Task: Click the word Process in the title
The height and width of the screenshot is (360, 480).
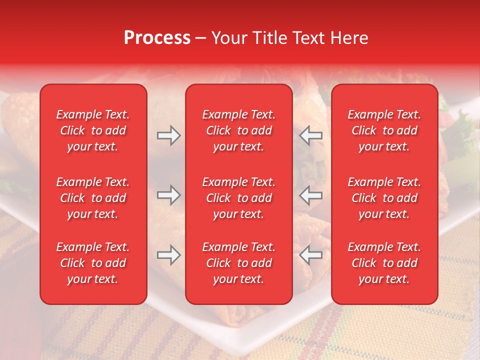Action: (157, 38)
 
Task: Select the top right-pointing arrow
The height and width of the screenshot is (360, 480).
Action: (168, 135)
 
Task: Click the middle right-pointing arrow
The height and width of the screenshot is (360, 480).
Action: (168, 195)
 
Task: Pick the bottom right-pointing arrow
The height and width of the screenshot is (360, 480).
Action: (168, 255)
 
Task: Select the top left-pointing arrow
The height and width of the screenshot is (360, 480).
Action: (310, 135)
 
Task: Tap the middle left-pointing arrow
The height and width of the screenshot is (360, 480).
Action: (310, 195)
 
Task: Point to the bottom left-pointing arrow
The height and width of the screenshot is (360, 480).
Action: (310, 255)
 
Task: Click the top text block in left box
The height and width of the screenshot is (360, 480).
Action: (93, 130)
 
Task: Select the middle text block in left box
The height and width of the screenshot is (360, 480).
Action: (93, 198)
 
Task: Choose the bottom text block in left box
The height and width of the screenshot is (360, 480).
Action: (93, 263)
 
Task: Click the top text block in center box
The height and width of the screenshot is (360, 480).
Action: (238, 130)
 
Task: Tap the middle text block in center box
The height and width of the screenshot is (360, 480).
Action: (238, 198)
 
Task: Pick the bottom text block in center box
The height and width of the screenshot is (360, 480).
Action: (238, 263)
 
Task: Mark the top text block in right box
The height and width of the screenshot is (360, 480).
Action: (384, 130)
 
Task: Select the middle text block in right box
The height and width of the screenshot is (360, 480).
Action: (384, 198)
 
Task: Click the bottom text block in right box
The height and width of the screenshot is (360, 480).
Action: (384, 263)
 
